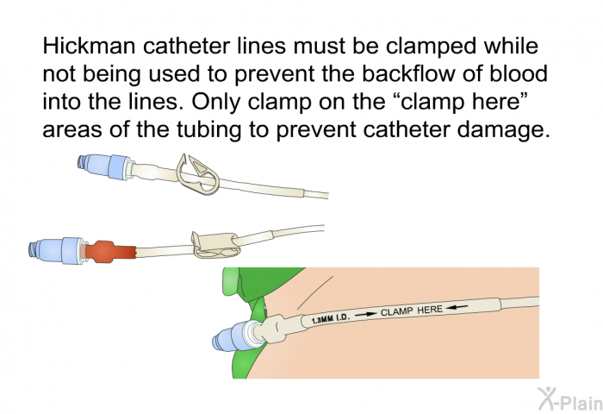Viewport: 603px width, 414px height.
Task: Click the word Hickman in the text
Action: [x=82, y=45]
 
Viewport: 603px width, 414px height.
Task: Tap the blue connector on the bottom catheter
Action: [x=231, y=337]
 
